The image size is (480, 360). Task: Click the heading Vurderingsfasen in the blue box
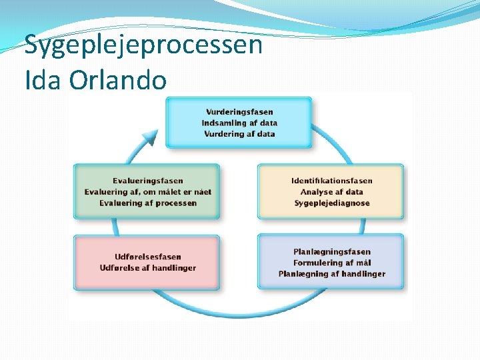tap(239, 112)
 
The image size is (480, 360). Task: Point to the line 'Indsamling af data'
tap(239, 123)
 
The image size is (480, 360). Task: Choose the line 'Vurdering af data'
tap(239, 134)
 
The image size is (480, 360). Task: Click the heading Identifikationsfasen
tap(331, 181)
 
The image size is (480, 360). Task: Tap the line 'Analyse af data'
tap(331, 192)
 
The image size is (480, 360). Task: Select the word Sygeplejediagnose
tap(331, 203)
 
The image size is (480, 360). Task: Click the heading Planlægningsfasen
tap(331, 252)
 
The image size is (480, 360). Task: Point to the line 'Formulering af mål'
tap(331, 263)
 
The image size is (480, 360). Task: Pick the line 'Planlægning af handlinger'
tap(331, 274)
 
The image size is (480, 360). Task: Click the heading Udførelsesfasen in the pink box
tap(147, 257)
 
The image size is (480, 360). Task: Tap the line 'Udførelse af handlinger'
tap(147, 268)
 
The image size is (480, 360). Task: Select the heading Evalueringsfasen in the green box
tap(147, 181)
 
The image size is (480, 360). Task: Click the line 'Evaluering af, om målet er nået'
tap(147, 192)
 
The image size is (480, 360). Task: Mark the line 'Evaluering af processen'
tap(147, 203)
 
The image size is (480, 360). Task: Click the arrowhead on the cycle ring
tap(152, 138)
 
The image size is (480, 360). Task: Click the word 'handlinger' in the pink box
tap(174, 268)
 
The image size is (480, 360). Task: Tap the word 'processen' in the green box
tap(173, 203)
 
